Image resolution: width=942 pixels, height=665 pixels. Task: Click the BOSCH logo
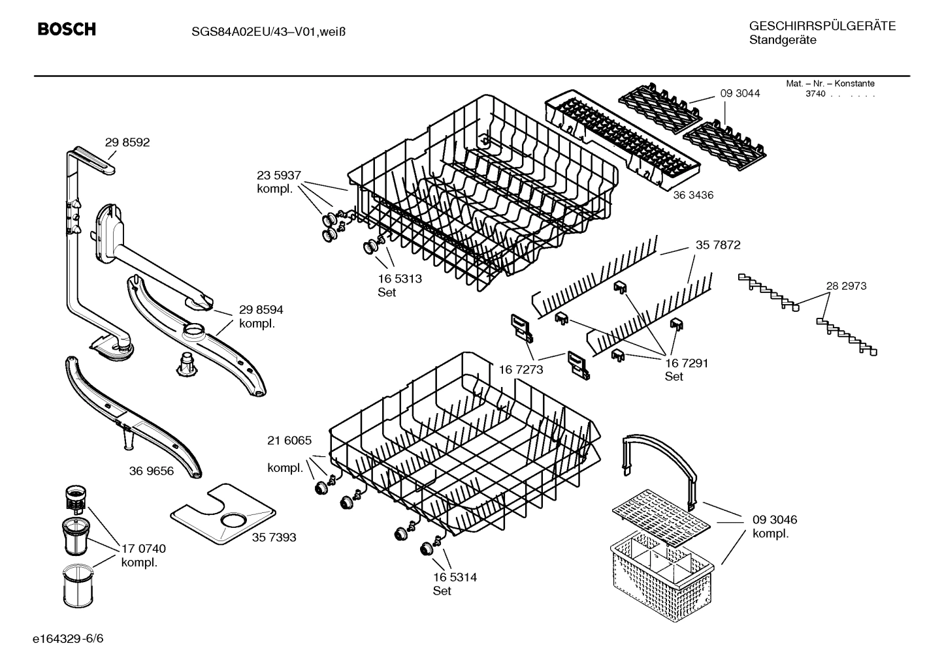point(67,29)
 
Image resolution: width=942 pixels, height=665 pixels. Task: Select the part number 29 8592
point(127,142)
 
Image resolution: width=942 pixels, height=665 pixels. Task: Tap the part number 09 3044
point(740,93)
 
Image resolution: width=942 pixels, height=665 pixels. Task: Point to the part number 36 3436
point(693,195)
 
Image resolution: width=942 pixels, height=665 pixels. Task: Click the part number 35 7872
point(718,245)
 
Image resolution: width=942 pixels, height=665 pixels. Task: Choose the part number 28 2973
point(846,286)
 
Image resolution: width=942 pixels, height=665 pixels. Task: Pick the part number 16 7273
point(521,370)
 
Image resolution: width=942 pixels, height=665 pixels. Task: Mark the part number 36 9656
point(152,471)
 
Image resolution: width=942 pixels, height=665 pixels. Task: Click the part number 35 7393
point(274,537)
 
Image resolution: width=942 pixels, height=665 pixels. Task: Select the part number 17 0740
point(143,549)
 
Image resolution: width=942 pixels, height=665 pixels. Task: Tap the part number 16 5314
point(455,577)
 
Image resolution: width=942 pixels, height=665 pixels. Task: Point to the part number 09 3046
point(774,520)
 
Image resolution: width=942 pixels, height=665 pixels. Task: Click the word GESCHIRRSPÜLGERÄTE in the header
point(822,26)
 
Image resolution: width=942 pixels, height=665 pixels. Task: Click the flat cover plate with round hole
point(222,516)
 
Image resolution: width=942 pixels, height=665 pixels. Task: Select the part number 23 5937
point(279,175)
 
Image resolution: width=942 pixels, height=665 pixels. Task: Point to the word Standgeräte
point(782,40)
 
